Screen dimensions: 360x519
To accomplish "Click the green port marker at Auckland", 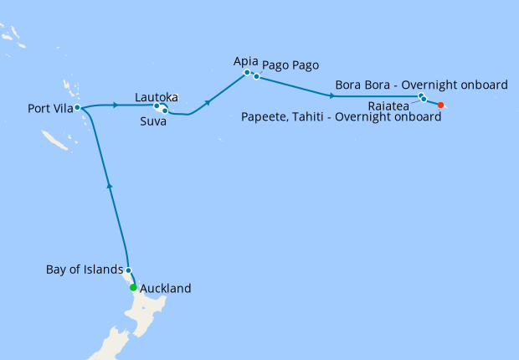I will [133, 288].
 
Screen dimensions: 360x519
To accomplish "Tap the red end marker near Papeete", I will [441, 105].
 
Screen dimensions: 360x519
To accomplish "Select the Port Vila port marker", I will [77, 107].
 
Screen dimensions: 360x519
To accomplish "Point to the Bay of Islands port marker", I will [128, 270].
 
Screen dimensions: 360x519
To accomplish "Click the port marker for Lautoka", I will [157, 105].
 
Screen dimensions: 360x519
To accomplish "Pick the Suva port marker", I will [165, 111].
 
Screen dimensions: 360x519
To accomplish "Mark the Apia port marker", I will [247, 73].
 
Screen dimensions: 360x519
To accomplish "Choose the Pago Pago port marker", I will [256, 77].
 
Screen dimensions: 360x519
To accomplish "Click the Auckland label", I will [166, 289].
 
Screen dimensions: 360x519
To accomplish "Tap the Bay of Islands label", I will [84, 270].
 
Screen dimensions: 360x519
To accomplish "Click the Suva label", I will [153, 121].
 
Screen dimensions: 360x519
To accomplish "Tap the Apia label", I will [247, 61].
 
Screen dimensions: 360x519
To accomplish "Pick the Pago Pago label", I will [290, 65].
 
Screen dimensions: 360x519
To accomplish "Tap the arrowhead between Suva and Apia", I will [207, 101].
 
